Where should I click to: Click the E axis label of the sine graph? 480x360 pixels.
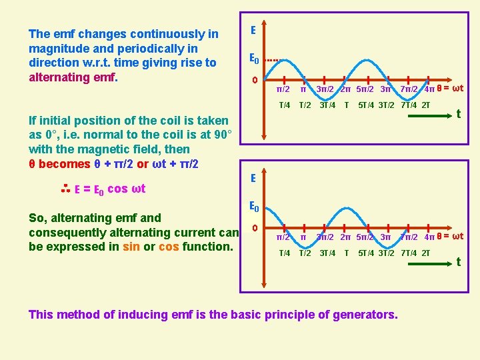253,30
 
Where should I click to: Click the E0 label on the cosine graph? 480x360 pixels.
254,207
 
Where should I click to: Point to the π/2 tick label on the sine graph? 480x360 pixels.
283,89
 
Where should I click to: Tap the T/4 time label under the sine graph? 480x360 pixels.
284,105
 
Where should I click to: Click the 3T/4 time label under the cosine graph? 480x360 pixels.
327,253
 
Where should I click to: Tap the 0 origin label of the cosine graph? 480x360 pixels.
254,229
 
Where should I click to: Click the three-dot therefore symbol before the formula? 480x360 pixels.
66,189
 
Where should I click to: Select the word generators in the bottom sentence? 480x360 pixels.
361,314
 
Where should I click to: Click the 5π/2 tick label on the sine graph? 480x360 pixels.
365,89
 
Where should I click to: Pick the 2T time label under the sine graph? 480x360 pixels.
424,105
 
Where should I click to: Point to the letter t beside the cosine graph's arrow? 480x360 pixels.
458,262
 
